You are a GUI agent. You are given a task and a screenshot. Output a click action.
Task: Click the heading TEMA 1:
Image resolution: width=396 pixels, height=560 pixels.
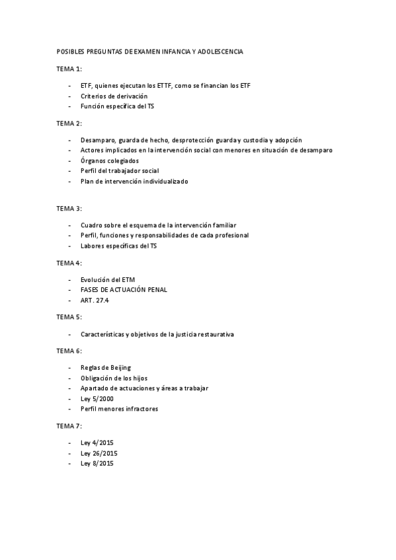click(69, 69)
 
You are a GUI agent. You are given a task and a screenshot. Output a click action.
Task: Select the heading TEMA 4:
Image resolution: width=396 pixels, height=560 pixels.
click(69, 263)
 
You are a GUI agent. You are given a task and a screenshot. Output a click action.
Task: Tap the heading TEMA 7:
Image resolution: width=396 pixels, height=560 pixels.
click(69, 426)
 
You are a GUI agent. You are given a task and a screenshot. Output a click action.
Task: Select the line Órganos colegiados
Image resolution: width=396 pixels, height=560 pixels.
click(110, 160)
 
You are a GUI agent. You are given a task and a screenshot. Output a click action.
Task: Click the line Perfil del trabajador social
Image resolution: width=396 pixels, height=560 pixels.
click(120, 170)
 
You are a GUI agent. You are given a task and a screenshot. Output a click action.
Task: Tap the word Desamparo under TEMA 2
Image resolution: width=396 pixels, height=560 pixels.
click(97, 140)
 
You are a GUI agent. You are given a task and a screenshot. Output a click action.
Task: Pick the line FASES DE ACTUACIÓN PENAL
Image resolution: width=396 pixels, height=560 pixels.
click(124, 290)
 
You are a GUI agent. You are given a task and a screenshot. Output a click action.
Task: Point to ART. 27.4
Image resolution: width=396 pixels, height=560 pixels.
click(95, 300)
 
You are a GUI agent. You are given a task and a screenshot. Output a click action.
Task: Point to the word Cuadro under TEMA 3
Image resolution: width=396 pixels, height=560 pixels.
click(91, 225)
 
